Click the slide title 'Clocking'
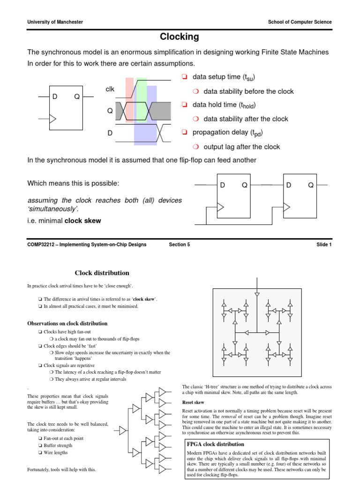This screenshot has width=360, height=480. pos(180,37)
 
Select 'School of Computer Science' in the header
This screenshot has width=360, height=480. pos(300,22)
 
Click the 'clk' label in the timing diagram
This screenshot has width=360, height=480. pos(110,89)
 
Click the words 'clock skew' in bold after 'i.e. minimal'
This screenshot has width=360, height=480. pos(82,221)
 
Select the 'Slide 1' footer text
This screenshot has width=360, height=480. pos(324,244)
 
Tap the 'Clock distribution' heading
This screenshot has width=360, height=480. pos(102,273)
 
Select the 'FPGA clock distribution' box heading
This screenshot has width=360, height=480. pos(216,444)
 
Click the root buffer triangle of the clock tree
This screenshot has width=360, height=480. pos(123,430)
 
